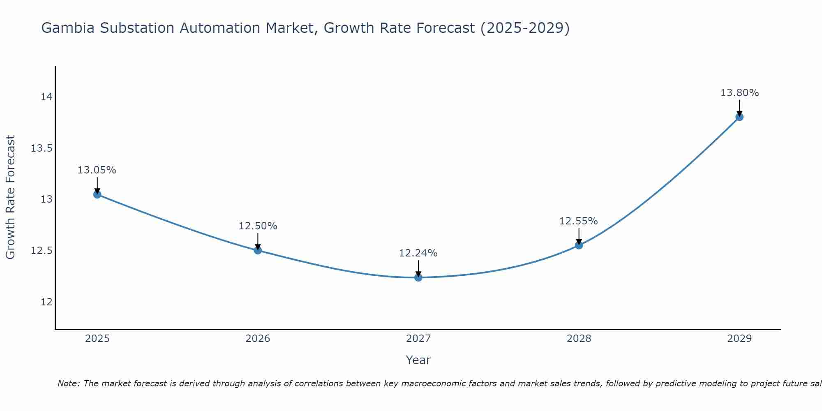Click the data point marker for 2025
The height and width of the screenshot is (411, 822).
point(97,194)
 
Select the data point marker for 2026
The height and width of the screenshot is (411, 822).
point(258,250)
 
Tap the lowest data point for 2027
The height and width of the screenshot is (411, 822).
point(418,277)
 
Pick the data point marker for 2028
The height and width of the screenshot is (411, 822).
point(579,245)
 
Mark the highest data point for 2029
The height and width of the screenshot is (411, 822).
point(739,117)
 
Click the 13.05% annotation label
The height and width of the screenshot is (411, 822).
point(97,170)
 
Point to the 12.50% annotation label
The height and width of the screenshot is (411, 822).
point(258,226)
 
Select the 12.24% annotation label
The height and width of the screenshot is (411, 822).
point(418,253)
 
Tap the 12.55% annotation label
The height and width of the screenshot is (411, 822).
point(579,221)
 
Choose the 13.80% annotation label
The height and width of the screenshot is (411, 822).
point(739,93)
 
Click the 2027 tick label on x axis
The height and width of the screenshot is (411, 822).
point(418,339)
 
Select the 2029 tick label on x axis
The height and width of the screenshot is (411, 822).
point(739,339)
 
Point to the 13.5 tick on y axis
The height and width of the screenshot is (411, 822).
point(42,148)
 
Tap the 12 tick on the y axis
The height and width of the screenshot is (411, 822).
point(46,302)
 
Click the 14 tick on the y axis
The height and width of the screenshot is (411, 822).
point(46,97)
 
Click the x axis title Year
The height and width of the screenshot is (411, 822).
point(418,360)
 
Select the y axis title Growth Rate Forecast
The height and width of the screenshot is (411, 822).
point(11,197)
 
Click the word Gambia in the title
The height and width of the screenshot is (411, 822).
point(68,28)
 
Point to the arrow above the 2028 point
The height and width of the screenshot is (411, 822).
point(579,236)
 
